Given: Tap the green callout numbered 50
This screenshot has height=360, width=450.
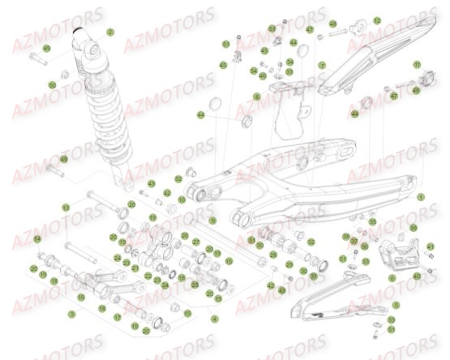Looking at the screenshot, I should click(52, 84).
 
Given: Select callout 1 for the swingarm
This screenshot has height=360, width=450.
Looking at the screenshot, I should click(421, 197).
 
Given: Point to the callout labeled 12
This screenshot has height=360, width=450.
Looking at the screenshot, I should click(377, 20).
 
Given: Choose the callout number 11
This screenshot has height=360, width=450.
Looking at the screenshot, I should click(418, 64).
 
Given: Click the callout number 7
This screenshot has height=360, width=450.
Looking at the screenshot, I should click(322, 65).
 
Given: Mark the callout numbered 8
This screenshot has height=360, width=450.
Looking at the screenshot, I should click(257, 96).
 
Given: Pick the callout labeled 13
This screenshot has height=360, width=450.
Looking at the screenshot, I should click(66, 208).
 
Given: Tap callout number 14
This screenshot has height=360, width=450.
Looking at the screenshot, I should click(36, 238).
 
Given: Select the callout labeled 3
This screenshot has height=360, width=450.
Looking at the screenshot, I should click(72, 313).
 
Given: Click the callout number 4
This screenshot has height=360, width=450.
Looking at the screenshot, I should click(214, 319).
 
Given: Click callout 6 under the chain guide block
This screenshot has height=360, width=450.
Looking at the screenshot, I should click(392, 277).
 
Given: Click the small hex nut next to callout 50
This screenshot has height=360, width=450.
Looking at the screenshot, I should click(64, 80).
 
